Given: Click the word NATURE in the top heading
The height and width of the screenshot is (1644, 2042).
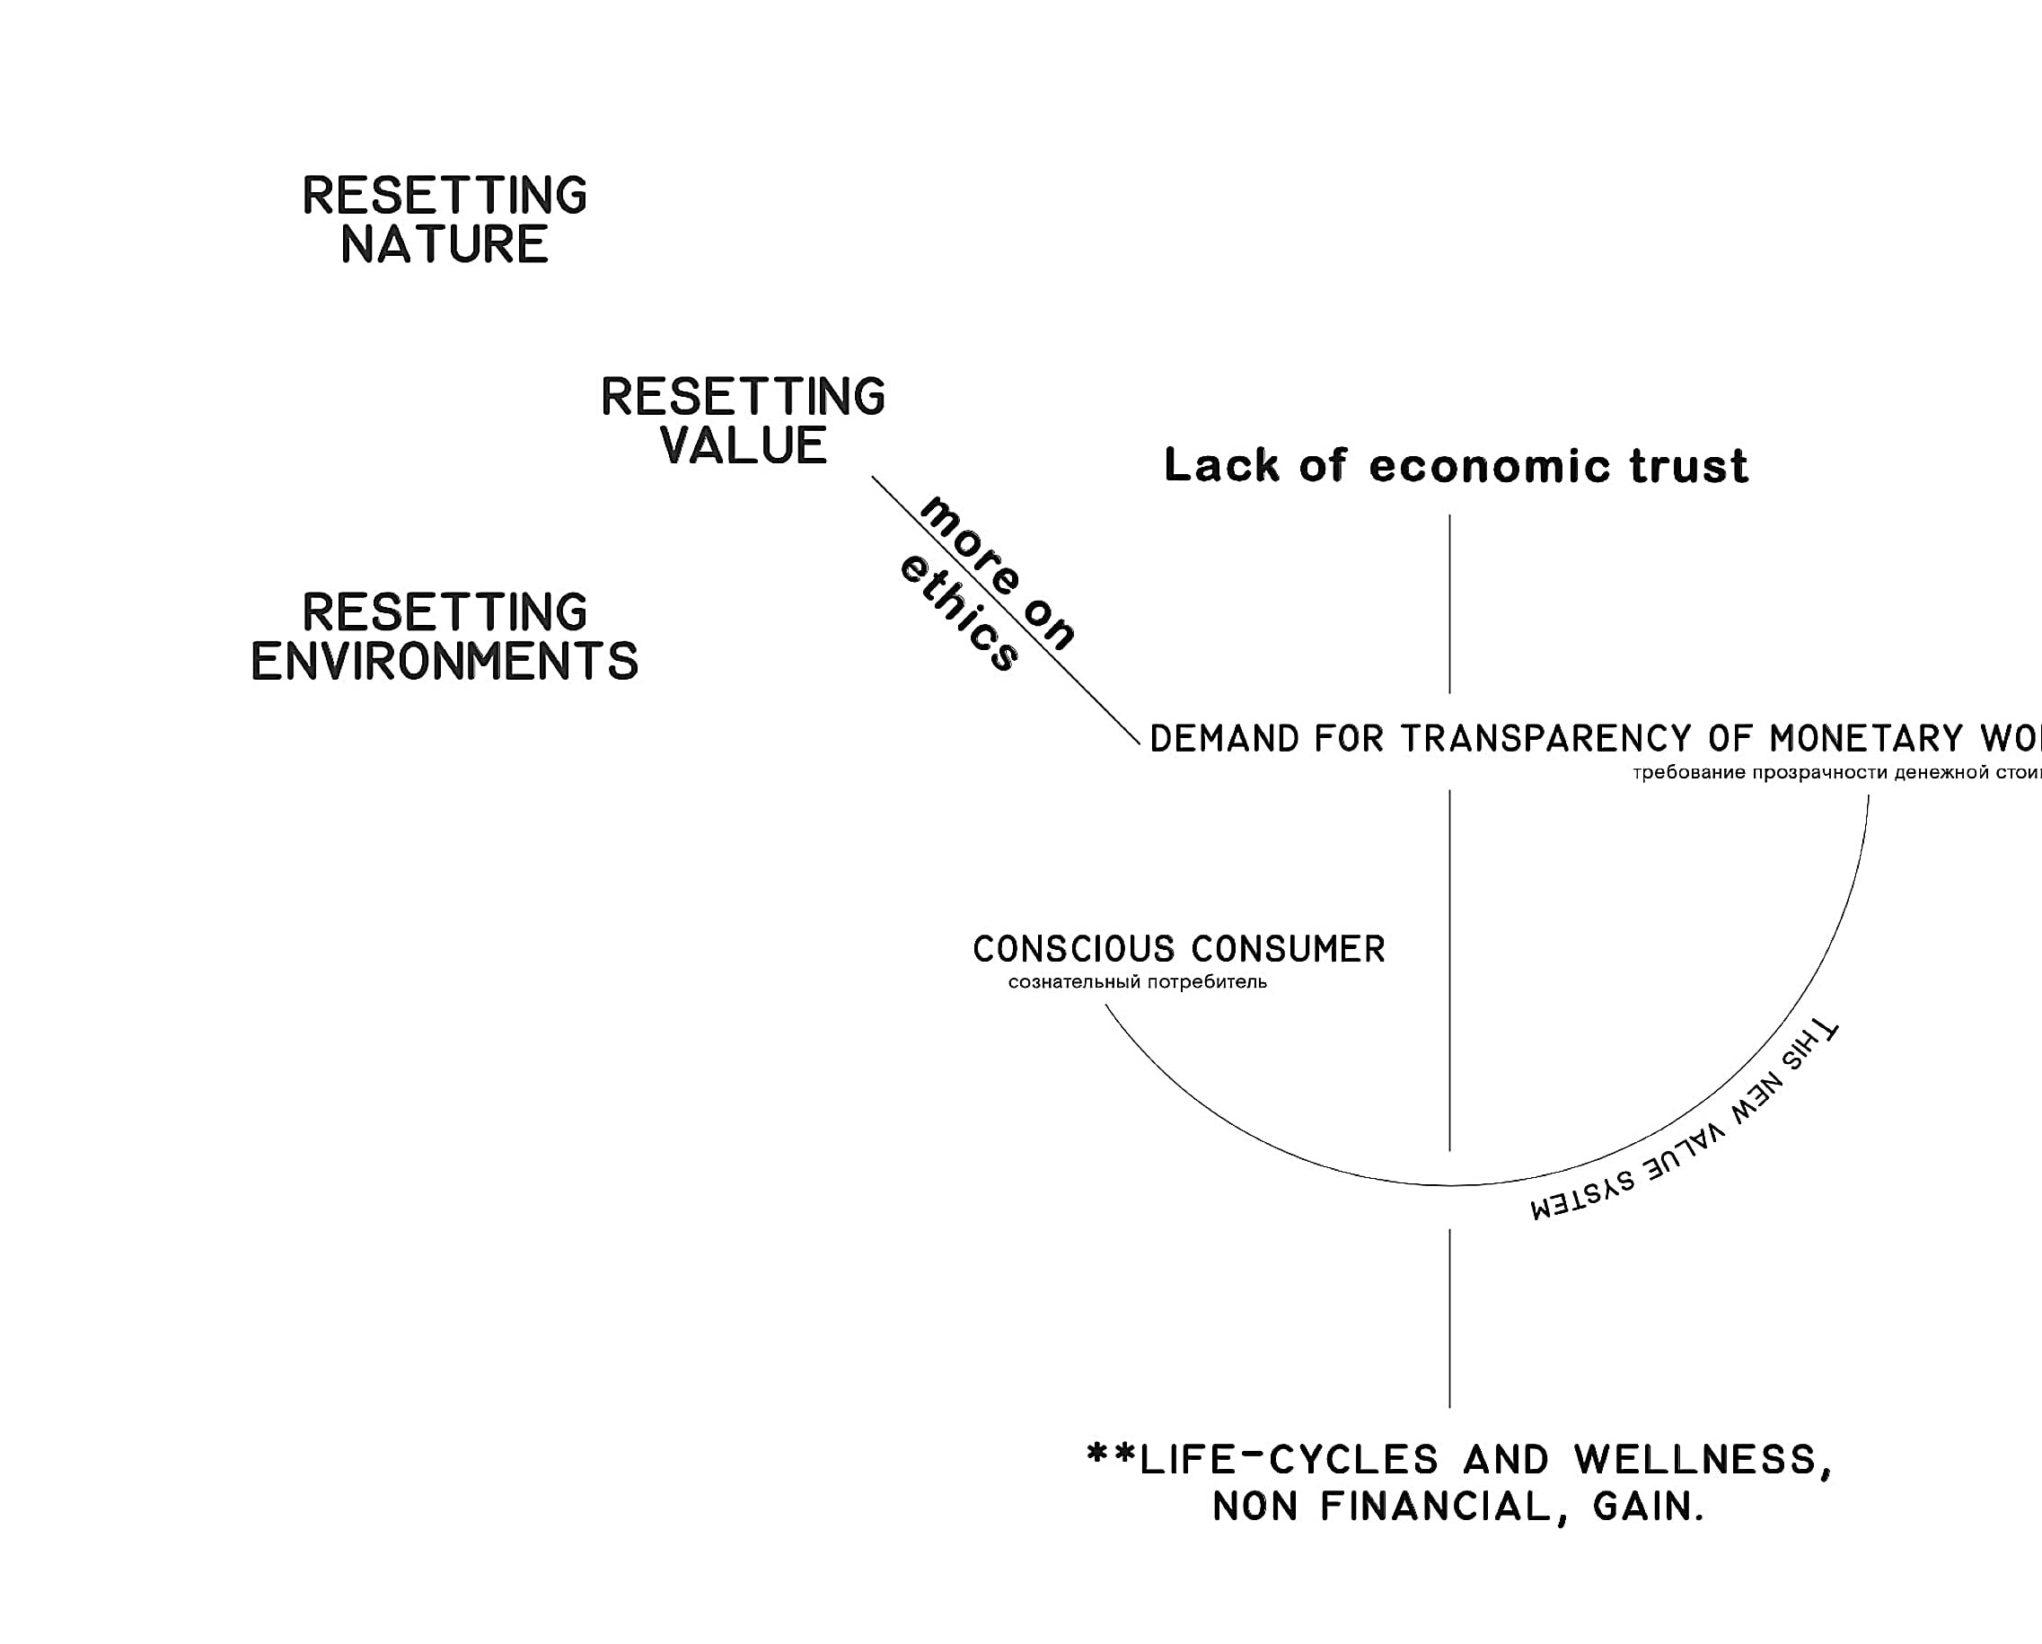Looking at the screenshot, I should (x=444, y=244).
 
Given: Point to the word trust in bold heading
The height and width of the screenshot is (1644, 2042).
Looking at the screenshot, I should (x=1689, y=466).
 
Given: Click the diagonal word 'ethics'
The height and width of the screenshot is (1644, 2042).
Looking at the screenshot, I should (x=958, y=613).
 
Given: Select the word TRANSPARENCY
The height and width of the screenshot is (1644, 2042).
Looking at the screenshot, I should (x=1545, y=739).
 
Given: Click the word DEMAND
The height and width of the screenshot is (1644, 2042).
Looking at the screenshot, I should (x=1225, y=739).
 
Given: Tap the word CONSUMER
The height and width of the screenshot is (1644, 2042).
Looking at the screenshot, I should (x=1288, y=949).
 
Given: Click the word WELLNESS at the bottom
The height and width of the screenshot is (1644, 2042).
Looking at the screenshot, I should (x=1695, y=1459).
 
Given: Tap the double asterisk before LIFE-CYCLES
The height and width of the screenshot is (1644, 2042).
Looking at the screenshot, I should (x=1110, y=1454).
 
